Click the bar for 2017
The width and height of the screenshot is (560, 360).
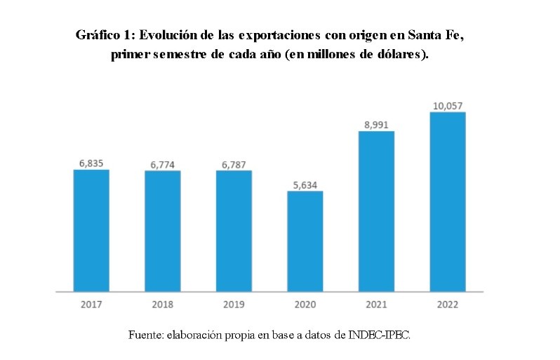click(91, 230)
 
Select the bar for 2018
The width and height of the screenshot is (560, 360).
click(163, 231)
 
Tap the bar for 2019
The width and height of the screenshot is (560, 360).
click(234, 231)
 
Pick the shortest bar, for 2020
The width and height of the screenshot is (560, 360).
click(305, 241)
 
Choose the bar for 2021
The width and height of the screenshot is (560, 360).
click(376, 211)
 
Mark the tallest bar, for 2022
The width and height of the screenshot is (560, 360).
click(447, 201)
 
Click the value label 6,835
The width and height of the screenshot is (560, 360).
click(91, 163)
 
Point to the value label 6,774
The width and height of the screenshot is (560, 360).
click(163, 164)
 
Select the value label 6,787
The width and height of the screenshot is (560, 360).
click(234, 164)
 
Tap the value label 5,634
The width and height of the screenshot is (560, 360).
click(305, 185)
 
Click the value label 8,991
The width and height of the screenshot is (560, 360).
click(376, 124)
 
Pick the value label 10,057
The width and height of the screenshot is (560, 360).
click(447, 106)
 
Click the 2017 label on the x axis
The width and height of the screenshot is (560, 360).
click(91, 305)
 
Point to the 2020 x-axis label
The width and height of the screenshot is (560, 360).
click(305, 305)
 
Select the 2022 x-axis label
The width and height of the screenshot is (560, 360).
click(447, 305)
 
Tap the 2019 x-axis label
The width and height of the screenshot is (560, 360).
click(234, 305)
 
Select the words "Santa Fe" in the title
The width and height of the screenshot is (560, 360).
click(434, 35)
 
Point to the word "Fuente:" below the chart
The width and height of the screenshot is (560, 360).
click(145, 335)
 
